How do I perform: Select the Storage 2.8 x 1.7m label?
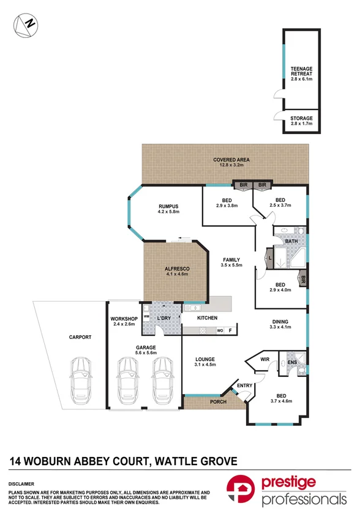[301, 121]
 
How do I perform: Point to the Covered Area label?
[227, 162]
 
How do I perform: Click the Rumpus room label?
[168, 209]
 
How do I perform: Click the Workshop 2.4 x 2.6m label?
[123, 322]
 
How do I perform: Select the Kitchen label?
[207, 319]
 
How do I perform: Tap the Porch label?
[217, 402]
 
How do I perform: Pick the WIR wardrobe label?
[265, 360]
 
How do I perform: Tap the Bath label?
[291, 242]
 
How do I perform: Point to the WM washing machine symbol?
[146, 315]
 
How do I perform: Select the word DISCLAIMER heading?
[23, 483]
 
